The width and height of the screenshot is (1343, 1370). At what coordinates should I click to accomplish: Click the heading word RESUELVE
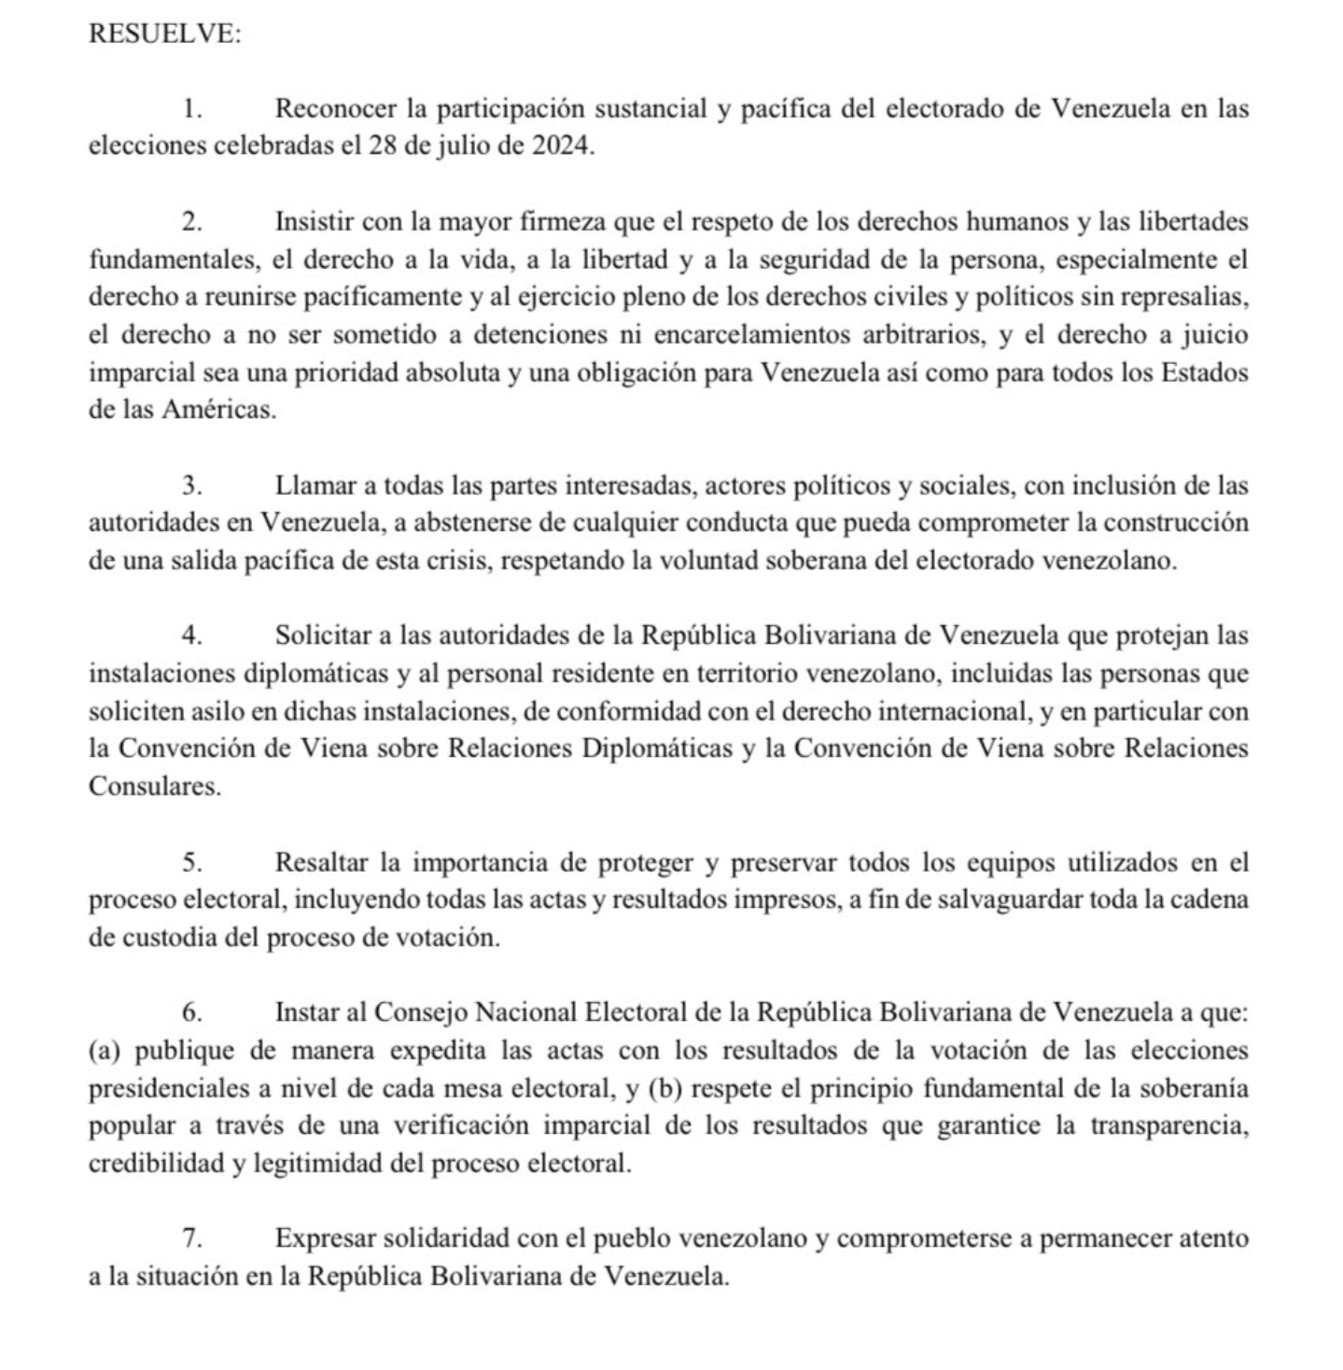coord(164,34)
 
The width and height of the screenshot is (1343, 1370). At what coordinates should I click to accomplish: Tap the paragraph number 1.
coord(192,109)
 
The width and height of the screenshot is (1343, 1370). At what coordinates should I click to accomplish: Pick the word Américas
coord(218,411)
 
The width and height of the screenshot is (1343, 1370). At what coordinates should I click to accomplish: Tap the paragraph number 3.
coord(192,486)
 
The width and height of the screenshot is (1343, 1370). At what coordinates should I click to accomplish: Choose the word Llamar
coord(313,486)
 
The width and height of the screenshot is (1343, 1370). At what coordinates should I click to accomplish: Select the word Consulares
coord(155,787)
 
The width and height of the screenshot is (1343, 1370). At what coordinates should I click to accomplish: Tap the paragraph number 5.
coord(192,862)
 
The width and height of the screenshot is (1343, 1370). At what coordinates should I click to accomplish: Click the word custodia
coord(171,938)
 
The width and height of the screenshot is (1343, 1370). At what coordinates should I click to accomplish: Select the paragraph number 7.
coord(192,1239)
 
